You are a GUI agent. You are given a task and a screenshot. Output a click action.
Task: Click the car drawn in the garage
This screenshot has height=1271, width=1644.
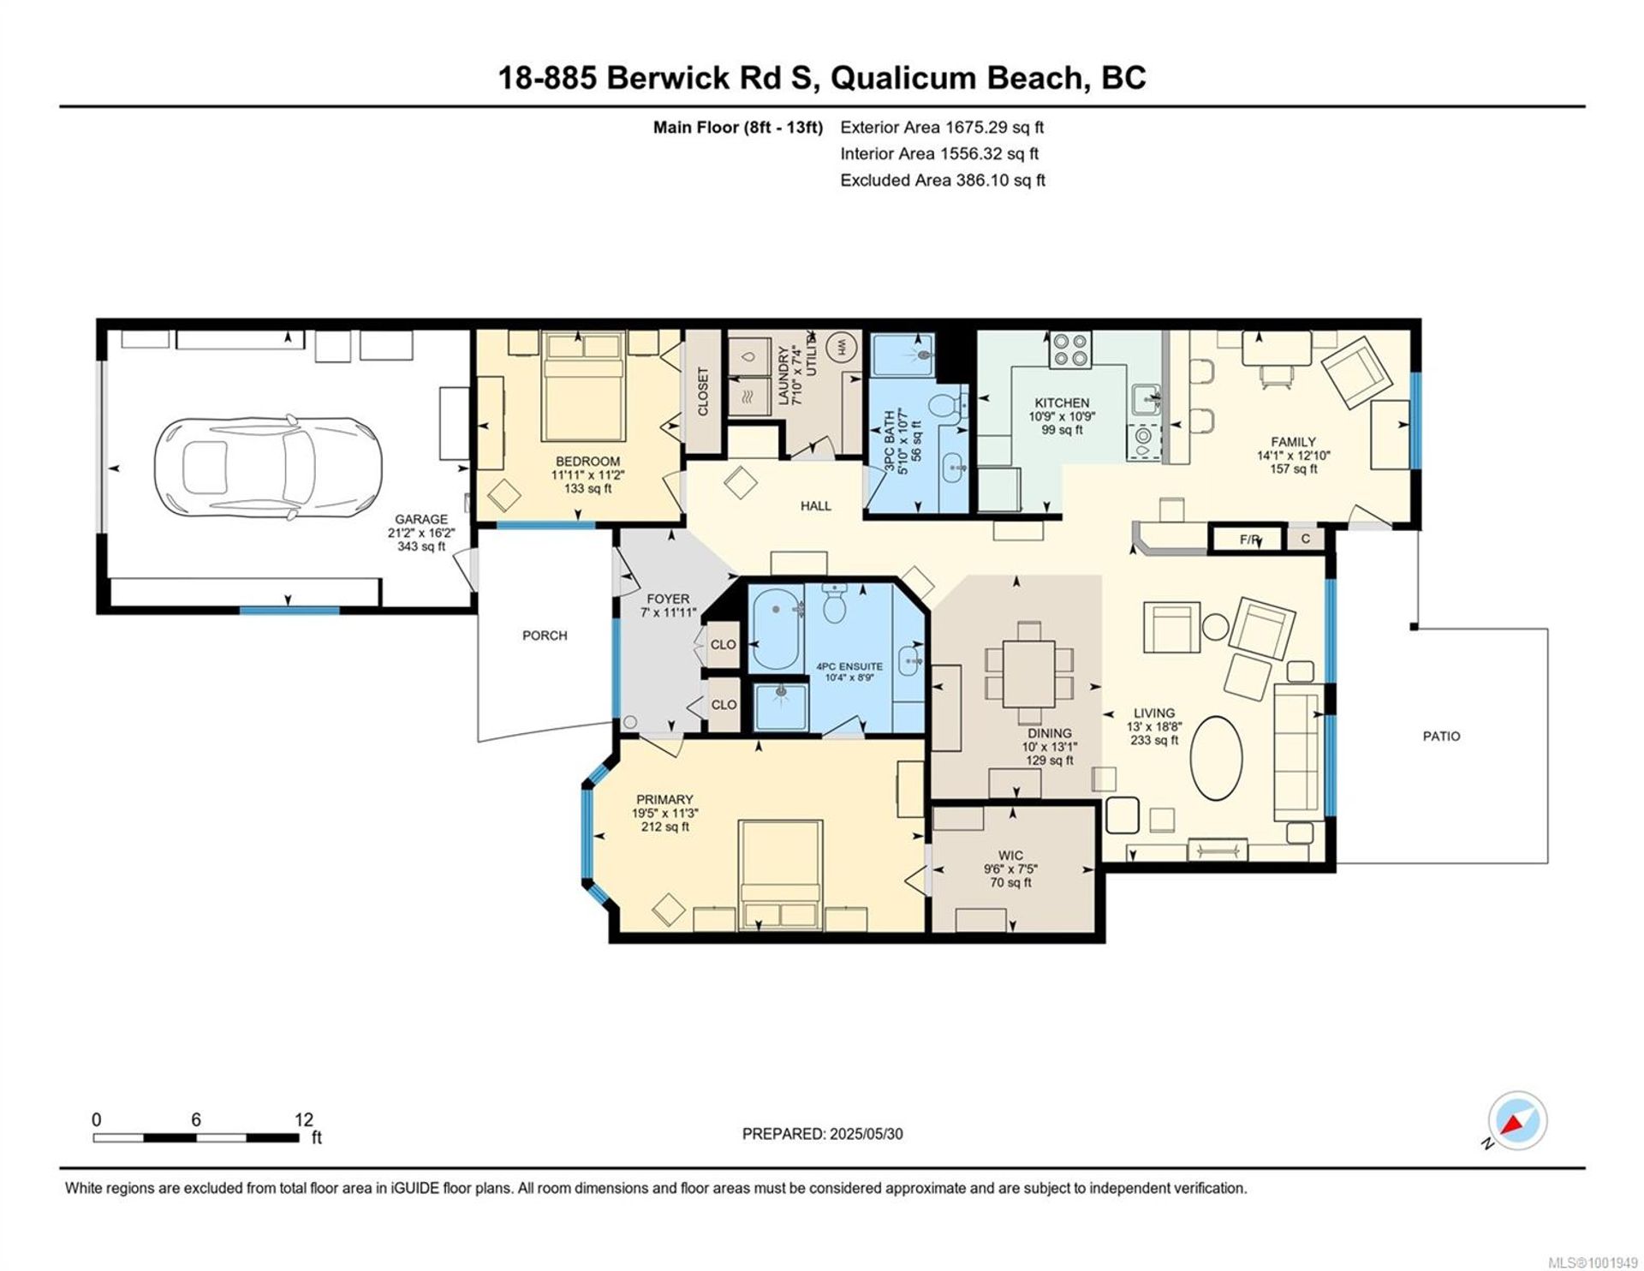pyautogui.click(x=269, y=468)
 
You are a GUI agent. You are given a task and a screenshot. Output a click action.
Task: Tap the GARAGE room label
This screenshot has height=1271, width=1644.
pyautogui.click(x=421, y=519)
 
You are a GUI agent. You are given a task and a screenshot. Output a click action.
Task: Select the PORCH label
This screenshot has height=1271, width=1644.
pyautogui.click(x=545, y=635)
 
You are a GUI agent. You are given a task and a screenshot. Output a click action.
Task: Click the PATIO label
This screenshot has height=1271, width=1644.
pyautogui.click(x=1442, y=736)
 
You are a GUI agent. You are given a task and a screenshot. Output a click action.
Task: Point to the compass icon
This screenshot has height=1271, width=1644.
pyautogui.click(x=1518, y=1121)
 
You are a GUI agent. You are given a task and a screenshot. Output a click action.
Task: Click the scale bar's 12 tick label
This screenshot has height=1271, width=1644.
pyautogui.click(x=303, y=1119)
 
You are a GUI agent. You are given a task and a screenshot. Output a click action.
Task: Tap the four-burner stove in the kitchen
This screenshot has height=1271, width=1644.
pyautogui.click(x=1071, y=350)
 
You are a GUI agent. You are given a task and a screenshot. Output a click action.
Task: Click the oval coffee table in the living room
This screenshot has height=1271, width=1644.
pyautogui.click(x=1218, y=758)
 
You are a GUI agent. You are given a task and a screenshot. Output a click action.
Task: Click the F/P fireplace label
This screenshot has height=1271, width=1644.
pyautogui.click(x=1249, y=540)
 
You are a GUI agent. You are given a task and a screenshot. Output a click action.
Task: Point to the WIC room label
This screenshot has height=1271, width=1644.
pyautogui.click(x=1010, y=856)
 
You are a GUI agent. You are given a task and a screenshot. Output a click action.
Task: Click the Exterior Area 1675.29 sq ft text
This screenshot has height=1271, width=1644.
pyautogui.click(x=942, y=128)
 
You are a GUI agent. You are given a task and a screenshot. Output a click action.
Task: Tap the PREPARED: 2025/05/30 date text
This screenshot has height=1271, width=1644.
pyautogui.click(x=822, y=1134)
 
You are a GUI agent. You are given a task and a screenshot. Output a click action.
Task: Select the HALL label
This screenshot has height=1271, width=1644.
pyautogui.click(x=815, y=506)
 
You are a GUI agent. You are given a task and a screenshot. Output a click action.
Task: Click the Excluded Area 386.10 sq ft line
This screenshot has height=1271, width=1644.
pyautogui.click(x=943, y=181)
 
